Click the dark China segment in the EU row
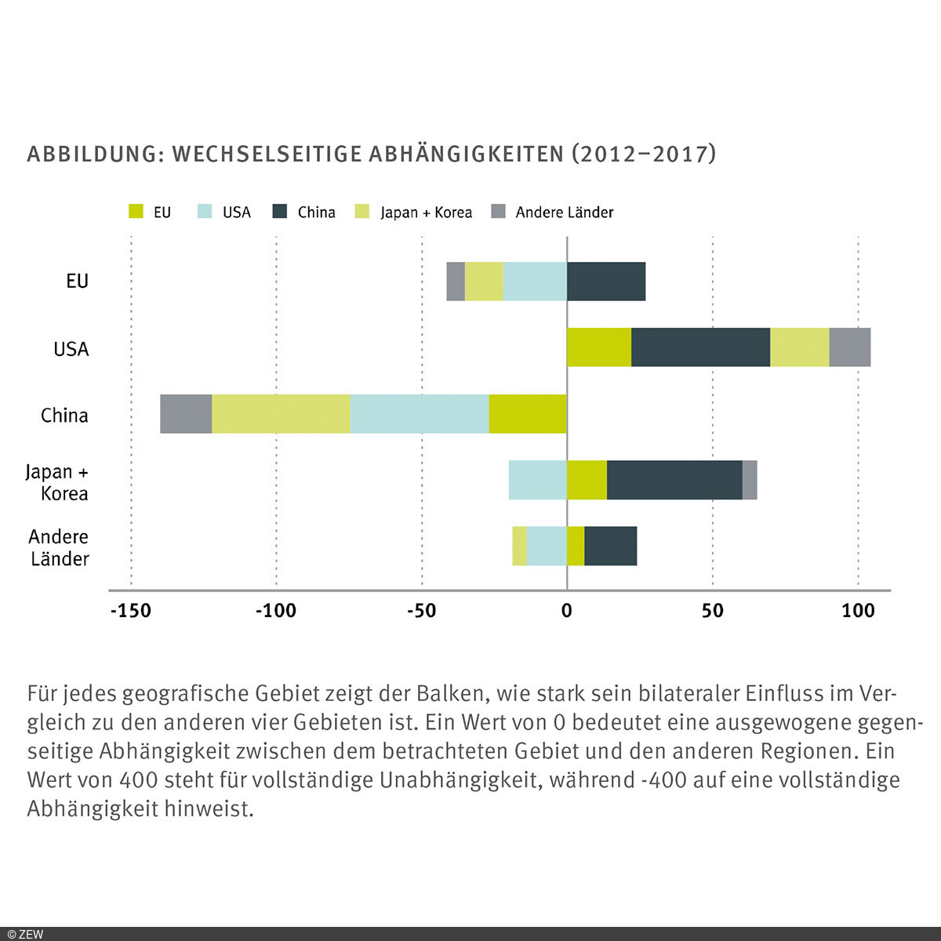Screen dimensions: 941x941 coord(606,282)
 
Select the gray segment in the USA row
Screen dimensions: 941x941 coord(850,347)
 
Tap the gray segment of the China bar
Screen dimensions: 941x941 coord(186,414)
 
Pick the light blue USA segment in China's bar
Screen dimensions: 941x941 coord(420,414)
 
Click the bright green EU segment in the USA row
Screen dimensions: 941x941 coord(599,347)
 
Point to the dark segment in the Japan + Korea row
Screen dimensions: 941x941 coord(674,480)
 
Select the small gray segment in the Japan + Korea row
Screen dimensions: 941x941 coord(750,480)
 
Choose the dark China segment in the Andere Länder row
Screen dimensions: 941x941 coord(611,546)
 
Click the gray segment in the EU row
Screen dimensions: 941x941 coord(456,282)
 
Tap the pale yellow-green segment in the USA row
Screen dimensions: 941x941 coord(800,347)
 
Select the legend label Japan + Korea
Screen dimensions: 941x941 coord(426,213)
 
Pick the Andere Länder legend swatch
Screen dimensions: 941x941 coord(498,212)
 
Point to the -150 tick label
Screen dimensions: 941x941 coord(130,611)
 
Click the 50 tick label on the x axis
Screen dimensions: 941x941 coord(712,611)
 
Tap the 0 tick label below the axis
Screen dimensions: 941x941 coord(567,611)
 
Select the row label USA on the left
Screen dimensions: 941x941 coord(71,349)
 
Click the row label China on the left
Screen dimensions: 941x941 coord(64,415)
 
